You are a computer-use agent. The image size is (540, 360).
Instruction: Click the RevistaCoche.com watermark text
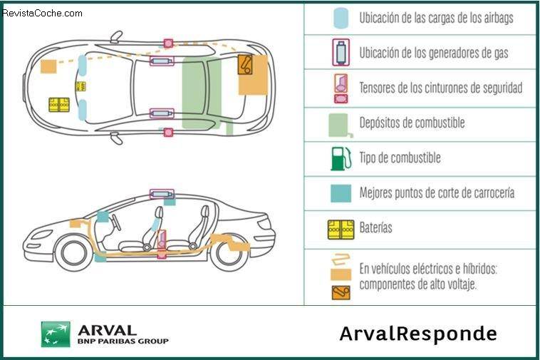pyautogui.click(x=43, y=13)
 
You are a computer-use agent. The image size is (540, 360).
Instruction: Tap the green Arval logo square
pyautogui.click(x=56, y=334)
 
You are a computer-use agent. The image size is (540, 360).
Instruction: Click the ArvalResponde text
pyautogui.click(x=418, y=334)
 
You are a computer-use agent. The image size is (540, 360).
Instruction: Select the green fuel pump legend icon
pyautogui.click(x=341, y=158)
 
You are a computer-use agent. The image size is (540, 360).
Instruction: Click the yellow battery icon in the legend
pyautogui.click(x=341, y=229)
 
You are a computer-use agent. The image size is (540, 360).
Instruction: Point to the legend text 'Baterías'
pyautogui.click(x=376, y=229)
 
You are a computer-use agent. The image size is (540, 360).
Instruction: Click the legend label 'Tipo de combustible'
pyautogui.click(x=400, y=158)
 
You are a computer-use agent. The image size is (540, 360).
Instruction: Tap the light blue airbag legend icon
pyautogui.click(x=341, y=19)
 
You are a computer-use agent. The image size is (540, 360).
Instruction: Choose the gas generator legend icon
pyautogui.click(x=341, y=53)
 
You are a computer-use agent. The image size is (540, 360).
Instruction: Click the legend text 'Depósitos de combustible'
pyautogui.click(x=412, y=123)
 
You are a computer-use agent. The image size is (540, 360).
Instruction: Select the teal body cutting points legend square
pyautogui.click(x=341, y=192)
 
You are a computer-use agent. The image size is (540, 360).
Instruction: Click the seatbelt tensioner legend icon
pyautogui.click(x=341, y=88)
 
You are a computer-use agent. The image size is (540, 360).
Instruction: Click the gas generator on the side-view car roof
pyautogui.click(x=162, y=193)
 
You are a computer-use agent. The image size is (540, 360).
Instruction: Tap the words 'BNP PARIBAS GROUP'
pyautogui.click(x=123, y=341)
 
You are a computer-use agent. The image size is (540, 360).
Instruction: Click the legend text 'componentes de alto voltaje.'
pyautogui.click(x=417, y=284)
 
